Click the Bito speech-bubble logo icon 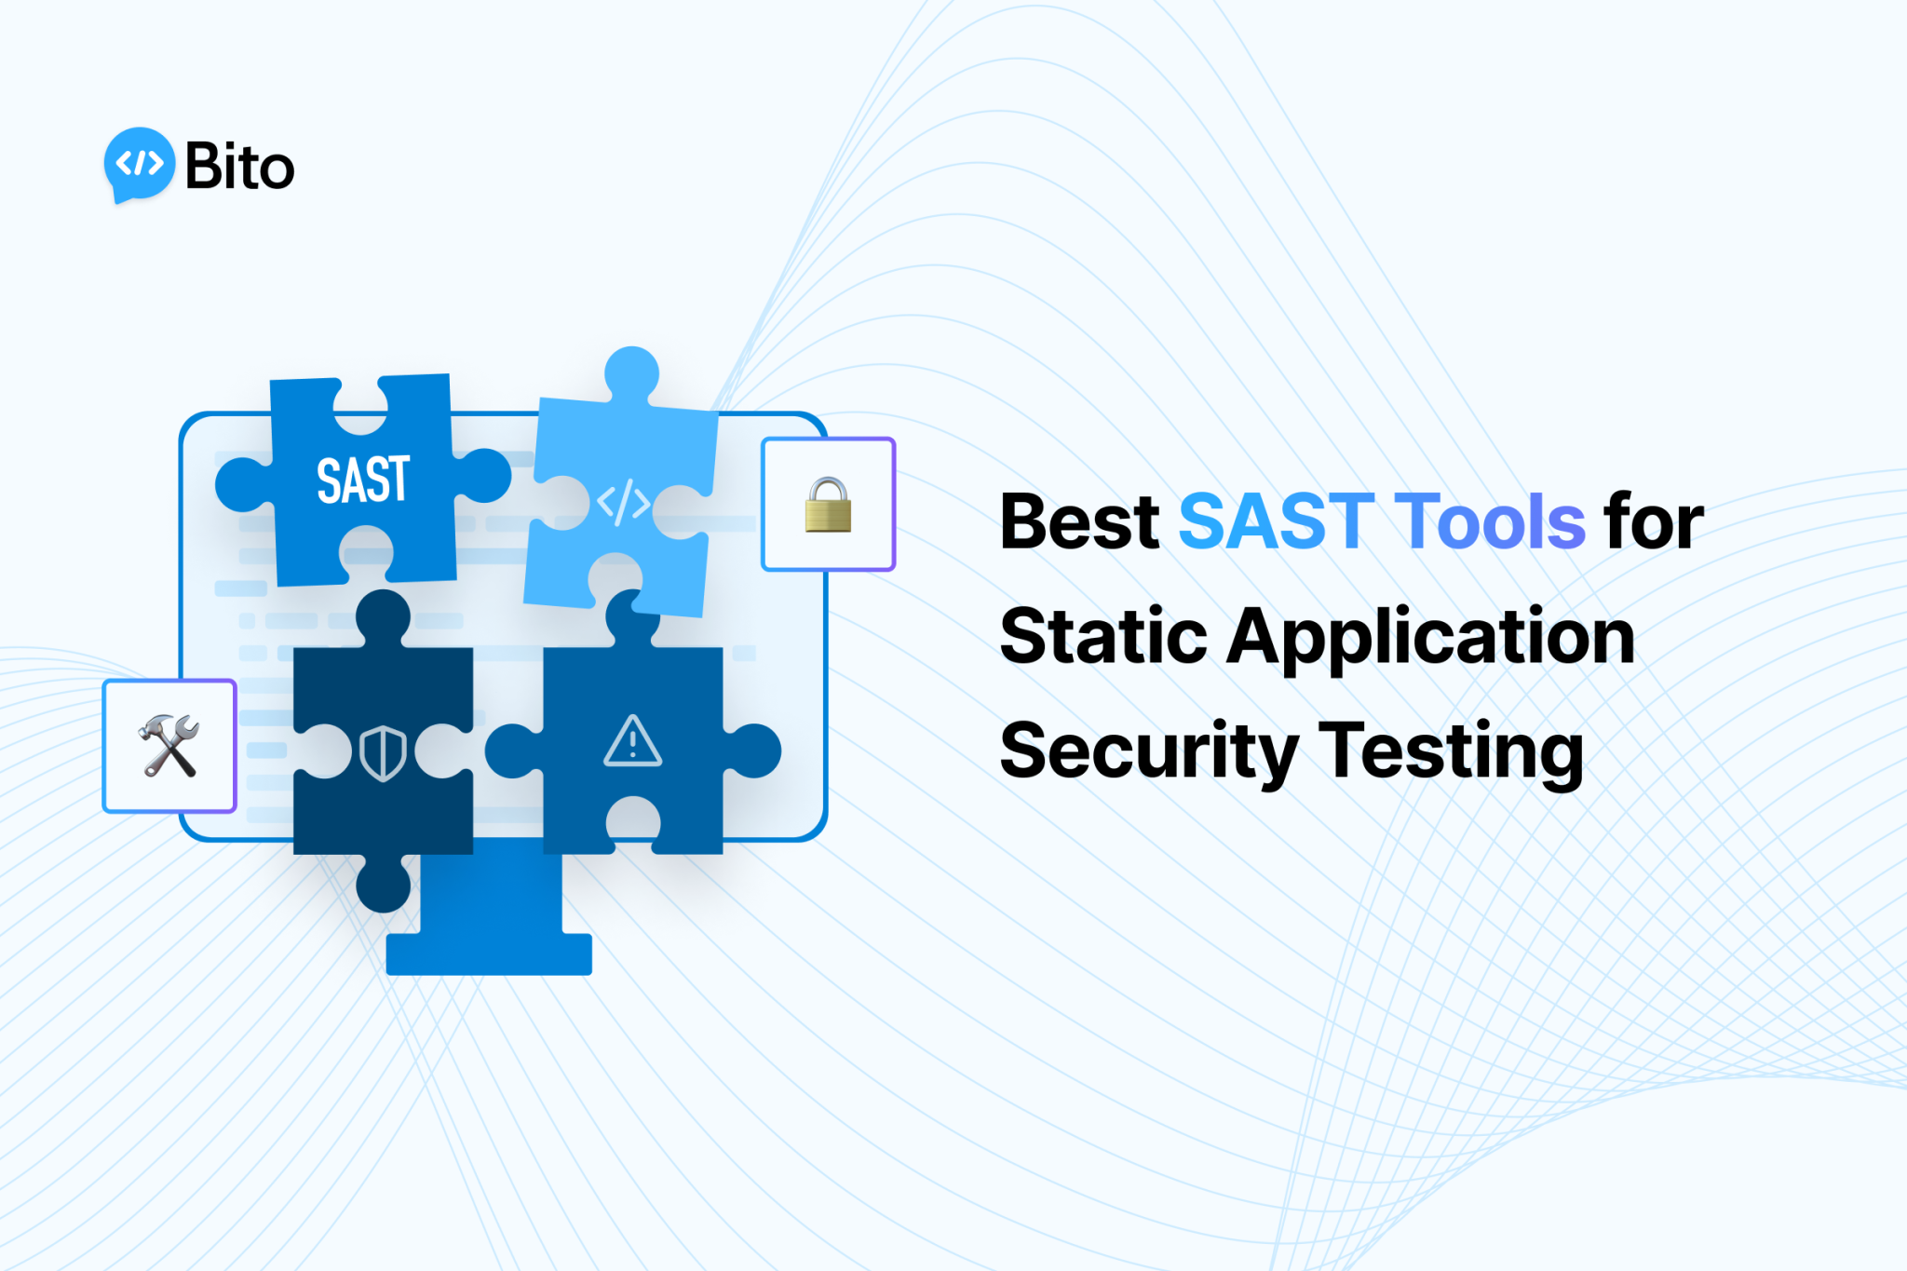point(140,165)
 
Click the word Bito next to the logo point(239,167)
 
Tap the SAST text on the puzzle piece point(363,480)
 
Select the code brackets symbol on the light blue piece point(623,503)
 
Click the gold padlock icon point(828,505)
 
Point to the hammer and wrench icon point(169,746)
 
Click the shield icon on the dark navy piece point(383,752)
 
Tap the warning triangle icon point(633,742)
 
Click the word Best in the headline point(1078,521)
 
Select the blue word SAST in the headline point(1276,521)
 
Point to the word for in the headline point(1653,521)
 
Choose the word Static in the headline point(1102,637)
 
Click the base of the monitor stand point(489,953)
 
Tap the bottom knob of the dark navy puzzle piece point(383,884)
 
